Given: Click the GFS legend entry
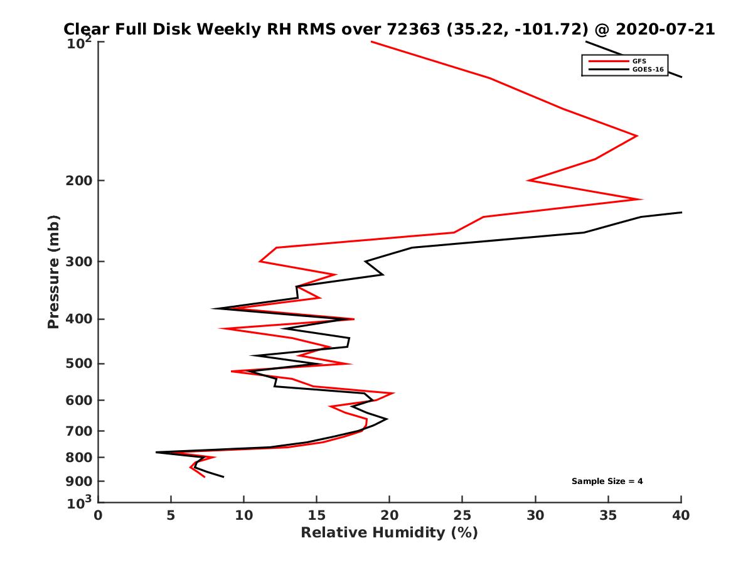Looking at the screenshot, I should click(x=639, y=61).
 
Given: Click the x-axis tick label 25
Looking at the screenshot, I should click(x=462, y=515).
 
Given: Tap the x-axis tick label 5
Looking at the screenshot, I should click(x=171, y=515).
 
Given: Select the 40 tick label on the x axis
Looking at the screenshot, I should click(x=681, y=515).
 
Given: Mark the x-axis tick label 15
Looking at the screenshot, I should click(x=317, y=515).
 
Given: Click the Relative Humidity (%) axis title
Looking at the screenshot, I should click(x=389, y=533).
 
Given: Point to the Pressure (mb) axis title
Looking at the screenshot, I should click(x=53, y=272).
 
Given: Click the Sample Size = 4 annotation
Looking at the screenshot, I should click(x=607, y=482).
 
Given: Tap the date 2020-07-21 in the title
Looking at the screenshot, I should click(x=667, y=29).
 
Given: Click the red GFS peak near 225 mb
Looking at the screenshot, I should click(x=641, y=199).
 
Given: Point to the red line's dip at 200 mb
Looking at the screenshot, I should click(x=528, y=181).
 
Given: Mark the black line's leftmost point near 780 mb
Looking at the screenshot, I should click(x=156, y=452).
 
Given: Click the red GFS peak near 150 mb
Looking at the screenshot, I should click(x=638, y=136).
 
